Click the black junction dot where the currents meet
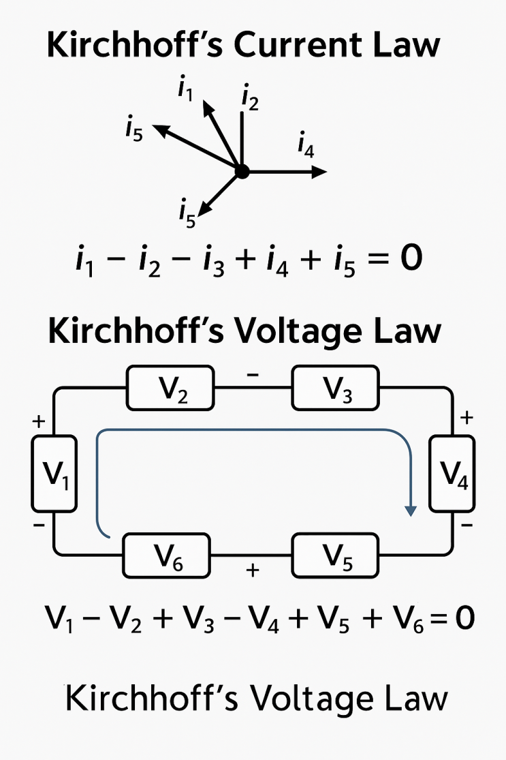point(241,172)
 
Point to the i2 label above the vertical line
point(250,100)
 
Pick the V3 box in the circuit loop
point(334,388)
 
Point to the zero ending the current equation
point(409,260)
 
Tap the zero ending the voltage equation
point(464,619)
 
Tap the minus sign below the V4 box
point(467,526)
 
